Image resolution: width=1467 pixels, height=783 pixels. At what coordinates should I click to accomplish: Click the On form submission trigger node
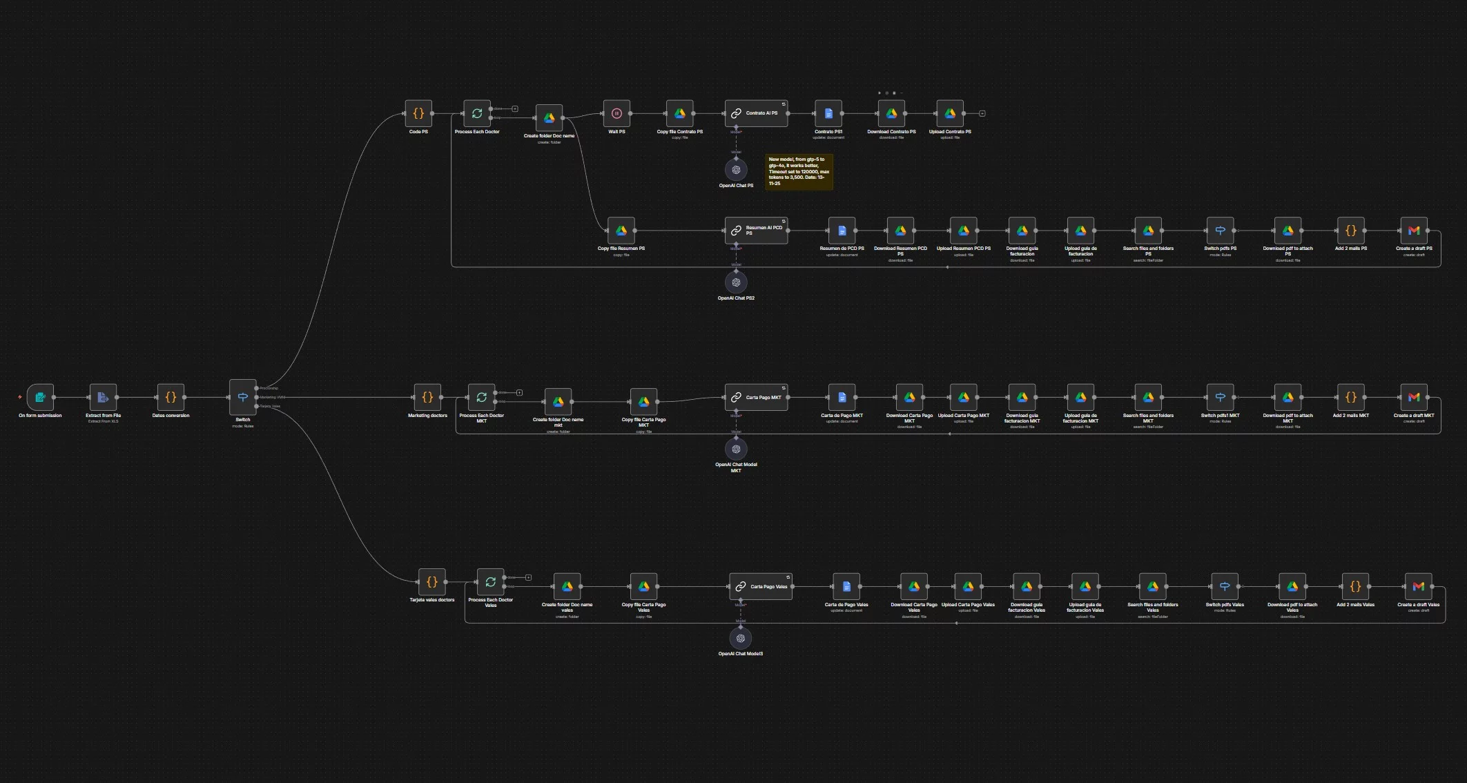tap(40, 397)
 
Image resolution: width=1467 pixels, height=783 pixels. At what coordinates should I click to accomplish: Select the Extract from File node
tap(103, 397)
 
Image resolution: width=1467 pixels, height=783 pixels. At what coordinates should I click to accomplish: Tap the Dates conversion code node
tap(171, 397)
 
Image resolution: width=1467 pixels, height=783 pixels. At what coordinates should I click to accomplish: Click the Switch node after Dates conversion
tap(243, 397)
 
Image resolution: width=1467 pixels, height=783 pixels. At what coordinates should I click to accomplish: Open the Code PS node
tap(418, 113)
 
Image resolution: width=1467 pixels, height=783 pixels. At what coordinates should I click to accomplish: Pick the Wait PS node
tap(616, 113)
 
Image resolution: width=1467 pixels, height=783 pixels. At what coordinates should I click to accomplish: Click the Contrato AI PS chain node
tap(756, 113)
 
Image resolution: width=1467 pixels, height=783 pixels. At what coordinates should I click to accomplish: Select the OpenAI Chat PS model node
tap(736, 170)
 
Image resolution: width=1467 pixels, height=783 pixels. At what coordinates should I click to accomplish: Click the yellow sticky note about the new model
tap(799, 171)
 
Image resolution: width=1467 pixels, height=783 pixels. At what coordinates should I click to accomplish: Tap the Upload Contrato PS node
tap(950, 113)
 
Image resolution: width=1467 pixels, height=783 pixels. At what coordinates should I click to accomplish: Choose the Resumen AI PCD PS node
tap(756, 231)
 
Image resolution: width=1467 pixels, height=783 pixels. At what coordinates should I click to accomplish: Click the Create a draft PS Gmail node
tap(1413, 231)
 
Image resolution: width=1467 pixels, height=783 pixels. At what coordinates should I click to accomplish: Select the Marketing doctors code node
tap(427, 397)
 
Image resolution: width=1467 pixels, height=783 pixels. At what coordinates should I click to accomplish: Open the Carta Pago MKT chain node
tap(756, 397)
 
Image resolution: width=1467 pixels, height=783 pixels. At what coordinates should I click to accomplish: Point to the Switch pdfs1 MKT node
tap(1220, 397)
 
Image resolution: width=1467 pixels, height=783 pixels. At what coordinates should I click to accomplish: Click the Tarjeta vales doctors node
tap(432, 582)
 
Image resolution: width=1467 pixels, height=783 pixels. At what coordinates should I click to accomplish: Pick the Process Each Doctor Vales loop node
tap(490, 582)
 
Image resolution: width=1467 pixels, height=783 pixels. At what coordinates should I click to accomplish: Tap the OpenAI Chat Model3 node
tap(740, 638)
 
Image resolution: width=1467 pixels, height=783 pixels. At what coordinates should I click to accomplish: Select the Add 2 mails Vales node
tap(1355, 586)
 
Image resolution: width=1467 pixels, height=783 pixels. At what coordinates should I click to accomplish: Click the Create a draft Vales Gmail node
tap(1418, 586)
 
